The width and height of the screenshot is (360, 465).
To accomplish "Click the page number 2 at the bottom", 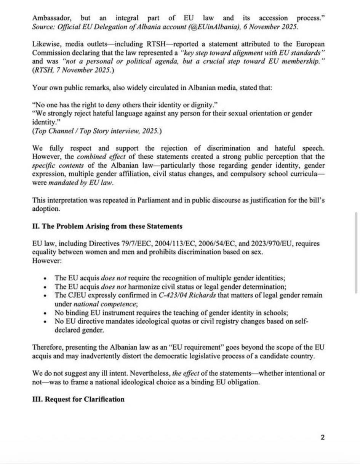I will point(323,437).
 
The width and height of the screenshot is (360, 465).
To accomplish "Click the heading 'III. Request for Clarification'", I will point(78,399).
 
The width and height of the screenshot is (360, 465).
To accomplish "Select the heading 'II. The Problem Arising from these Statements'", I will point(107,226).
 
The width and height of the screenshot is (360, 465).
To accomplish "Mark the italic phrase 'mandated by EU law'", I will point(81,183).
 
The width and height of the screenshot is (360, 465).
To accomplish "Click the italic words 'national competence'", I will point(105,304).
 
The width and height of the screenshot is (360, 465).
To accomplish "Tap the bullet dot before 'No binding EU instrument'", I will point(46,313).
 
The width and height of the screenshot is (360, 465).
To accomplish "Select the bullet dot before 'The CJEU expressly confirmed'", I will point(46,296).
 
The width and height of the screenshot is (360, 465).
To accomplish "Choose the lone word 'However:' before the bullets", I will point(47,261).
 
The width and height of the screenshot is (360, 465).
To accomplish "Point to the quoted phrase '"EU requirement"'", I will point(187,348).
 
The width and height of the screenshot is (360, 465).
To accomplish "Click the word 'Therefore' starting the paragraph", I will point(48,348).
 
